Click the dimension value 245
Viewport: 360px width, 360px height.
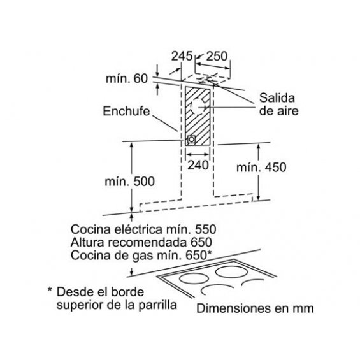182,56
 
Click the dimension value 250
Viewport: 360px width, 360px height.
217,56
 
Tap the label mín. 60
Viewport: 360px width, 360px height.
127,78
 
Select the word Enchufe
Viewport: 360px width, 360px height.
126,111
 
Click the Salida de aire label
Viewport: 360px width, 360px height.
279,104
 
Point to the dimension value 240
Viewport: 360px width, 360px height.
198,165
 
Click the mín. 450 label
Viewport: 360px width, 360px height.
261,168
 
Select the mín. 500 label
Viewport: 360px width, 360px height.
130,182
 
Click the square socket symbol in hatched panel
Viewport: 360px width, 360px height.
192,140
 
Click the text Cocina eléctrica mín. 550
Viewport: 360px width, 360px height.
143,229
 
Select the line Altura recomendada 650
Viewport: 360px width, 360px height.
141,242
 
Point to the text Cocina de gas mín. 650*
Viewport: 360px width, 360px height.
141,256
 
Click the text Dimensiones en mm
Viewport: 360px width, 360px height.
255,308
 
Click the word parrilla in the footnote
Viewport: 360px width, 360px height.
158,305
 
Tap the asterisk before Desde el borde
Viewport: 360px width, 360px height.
50,289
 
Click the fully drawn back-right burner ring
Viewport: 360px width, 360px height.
232,271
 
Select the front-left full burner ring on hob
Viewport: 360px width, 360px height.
194,279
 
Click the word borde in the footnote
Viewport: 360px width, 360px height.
127,292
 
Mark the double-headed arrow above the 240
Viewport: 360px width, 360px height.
198,154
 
